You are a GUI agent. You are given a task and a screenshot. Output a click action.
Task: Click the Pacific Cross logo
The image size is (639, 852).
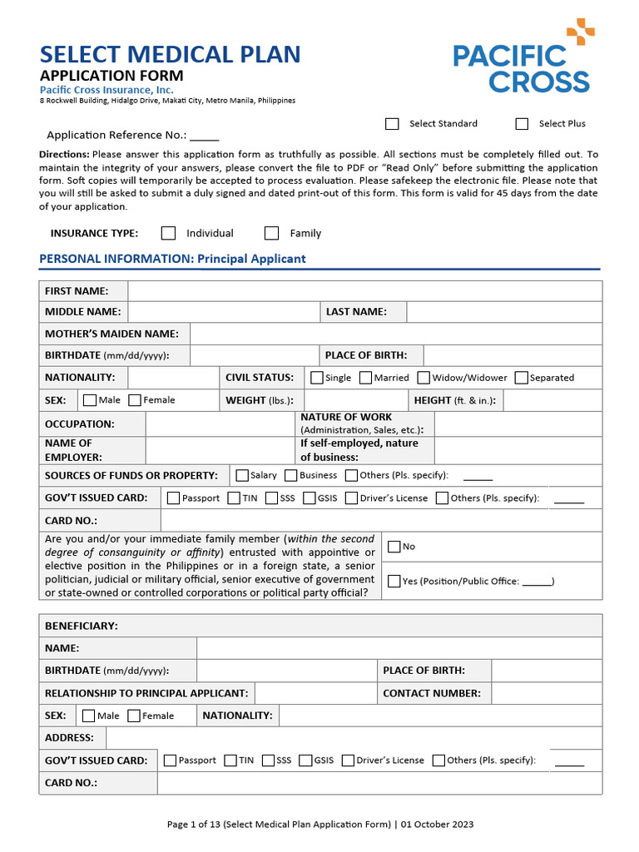523,58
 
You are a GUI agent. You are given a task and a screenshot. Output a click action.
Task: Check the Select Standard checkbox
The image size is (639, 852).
392,124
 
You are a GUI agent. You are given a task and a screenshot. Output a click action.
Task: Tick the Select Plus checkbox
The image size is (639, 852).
522,124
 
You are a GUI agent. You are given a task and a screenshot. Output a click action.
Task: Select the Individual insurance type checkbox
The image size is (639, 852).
169,233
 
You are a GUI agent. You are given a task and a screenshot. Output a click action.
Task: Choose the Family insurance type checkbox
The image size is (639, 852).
272,233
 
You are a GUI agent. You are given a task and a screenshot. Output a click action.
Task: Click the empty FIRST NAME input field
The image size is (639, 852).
364,290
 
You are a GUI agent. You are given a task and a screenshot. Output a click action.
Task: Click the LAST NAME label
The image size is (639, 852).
356,312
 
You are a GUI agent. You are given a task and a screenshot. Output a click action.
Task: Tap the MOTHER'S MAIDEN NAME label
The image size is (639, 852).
111,334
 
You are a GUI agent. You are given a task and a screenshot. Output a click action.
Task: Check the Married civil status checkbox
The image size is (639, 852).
366,378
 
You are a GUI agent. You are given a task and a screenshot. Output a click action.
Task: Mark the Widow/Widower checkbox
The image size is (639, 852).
424,378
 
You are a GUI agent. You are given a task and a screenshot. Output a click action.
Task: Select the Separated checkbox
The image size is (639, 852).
522,378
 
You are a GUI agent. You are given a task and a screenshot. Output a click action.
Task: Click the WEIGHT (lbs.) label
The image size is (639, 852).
259,400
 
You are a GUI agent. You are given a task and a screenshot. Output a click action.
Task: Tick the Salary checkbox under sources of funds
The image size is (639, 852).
242,475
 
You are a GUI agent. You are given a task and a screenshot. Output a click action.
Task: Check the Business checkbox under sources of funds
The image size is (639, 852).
291,475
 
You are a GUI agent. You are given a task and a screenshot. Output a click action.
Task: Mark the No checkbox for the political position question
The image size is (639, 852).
394,546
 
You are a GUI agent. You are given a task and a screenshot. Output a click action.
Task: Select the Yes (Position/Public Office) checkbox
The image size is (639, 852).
394,581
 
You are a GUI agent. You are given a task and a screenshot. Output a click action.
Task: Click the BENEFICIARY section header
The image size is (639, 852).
82,626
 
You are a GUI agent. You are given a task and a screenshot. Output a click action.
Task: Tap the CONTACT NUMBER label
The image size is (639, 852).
431,693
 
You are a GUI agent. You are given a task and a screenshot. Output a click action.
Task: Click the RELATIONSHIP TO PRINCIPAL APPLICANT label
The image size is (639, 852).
146,693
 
